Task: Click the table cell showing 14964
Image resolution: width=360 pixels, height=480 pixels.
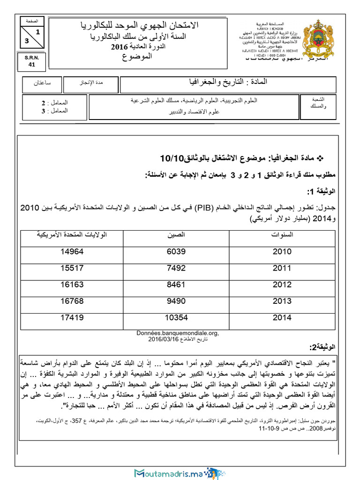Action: coord(72,251)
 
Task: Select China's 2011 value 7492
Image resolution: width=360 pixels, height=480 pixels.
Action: coord(176,268)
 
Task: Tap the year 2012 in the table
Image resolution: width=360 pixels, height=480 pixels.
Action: coord(282,285)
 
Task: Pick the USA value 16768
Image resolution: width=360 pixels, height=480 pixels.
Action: coord(72,301)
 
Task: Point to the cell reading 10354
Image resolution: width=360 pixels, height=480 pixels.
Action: coord(176,317)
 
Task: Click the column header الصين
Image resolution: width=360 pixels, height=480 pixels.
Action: coord(176,234)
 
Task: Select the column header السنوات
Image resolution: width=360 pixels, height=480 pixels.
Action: coord(282,234)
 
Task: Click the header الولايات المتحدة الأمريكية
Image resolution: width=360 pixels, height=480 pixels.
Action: coord(72,234)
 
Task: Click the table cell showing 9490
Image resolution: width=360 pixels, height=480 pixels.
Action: coord(176,301)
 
